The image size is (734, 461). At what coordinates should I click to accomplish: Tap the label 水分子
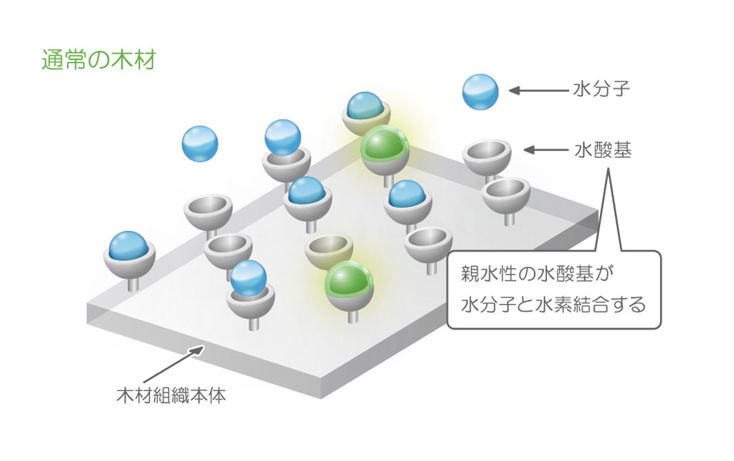[x=601, y=90]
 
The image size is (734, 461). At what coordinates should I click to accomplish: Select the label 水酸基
[x=602, y=151]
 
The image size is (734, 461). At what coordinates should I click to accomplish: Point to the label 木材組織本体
[x=171, y=395]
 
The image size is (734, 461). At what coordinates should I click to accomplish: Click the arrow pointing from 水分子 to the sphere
[x=538, y=91]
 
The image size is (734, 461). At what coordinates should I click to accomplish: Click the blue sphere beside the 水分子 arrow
[x=480, y=92]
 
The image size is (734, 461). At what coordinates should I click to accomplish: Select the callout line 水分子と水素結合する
[x=553, y=304]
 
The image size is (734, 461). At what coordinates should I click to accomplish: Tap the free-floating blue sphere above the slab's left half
[x=200, y=143]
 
